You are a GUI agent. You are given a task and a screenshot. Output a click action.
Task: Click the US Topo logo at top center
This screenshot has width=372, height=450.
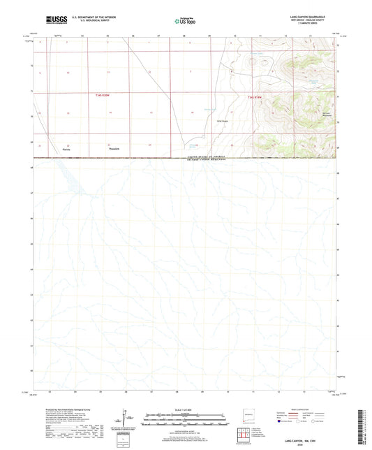(x=185, y=22)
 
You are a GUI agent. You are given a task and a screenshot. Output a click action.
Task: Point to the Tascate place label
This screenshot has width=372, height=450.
(x=66, y=150)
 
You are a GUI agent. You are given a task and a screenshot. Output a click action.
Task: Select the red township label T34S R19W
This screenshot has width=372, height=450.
(x=257, y=96)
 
